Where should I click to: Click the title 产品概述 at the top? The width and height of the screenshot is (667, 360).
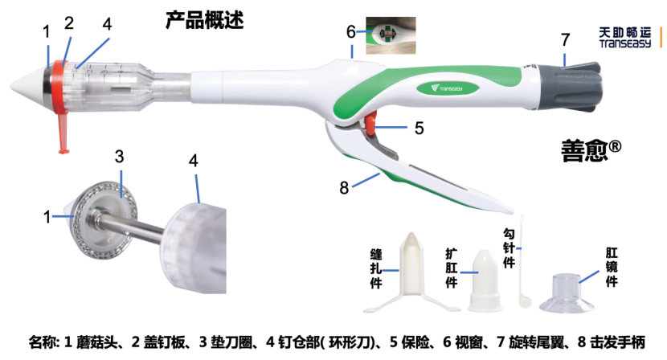[204, 18]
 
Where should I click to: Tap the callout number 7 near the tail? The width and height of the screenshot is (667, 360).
[565, 39]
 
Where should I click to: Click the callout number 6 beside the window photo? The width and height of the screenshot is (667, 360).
[350, 31]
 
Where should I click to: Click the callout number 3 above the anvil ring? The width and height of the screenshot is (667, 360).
[119, 156]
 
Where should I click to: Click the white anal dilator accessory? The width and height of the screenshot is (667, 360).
[485, 280]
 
